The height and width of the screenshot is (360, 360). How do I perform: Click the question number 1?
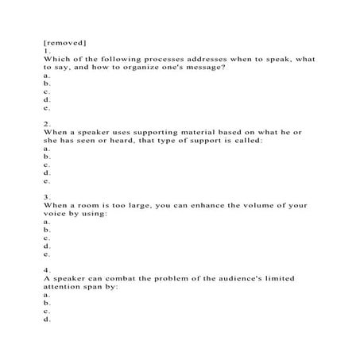click(x=47, y=50)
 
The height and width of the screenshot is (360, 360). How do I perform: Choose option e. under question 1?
click(x=47, y=108)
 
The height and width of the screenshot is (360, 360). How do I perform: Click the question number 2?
click(x=48, y=123)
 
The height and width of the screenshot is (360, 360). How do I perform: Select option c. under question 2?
click(x=47, y=165)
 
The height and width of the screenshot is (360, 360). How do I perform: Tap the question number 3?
click(x=48, y=196)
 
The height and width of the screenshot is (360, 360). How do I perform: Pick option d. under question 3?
click(x=47, y=246)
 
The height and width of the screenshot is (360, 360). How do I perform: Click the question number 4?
click(x=48, y=270)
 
